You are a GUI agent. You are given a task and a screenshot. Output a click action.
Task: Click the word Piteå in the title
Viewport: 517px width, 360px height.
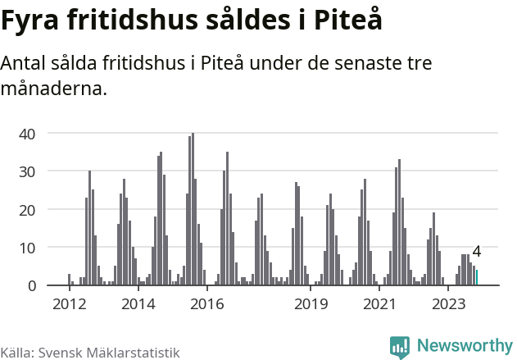pyautogui.click(x=347, y=21)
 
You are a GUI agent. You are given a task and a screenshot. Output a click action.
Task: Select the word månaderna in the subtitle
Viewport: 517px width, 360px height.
pyautogui.click(x=54, y=89)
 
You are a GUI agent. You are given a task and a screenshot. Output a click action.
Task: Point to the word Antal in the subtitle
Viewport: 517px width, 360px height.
pyautogui.click(x=25, y=63)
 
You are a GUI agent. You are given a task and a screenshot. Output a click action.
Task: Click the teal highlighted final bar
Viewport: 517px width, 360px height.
pyautogui.click(x=477, y=278)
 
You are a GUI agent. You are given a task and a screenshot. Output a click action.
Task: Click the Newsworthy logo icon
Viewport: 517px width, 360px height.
pyautogui.click(x=400, y=347)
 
